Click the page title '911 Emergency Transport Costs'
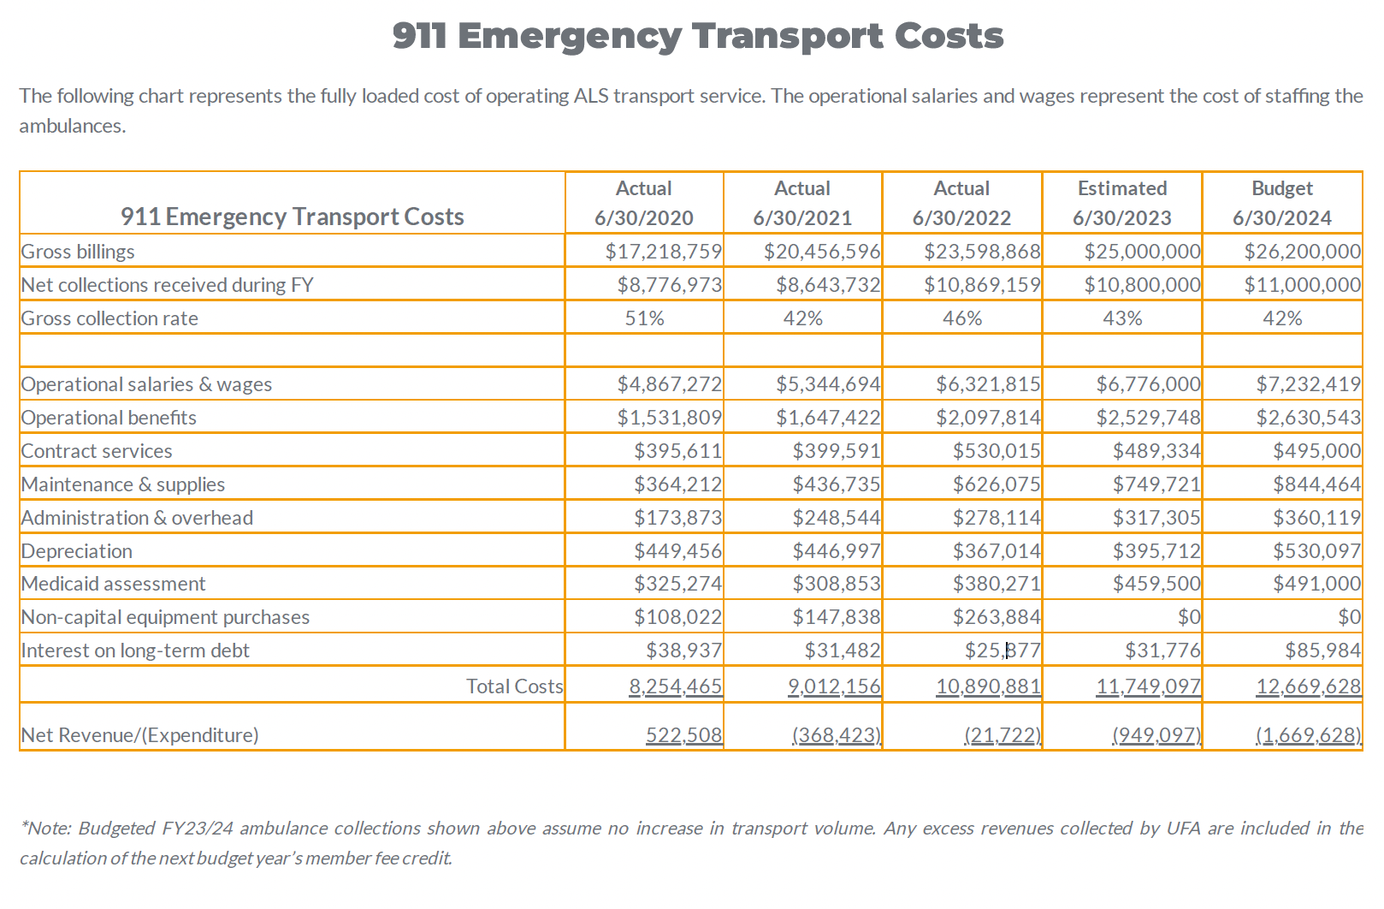(697, 36)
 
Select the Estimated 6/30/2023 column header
(1121, 203)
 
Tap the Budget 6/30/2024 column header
(1281, 203)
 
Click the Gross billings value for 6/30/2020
(663, 252)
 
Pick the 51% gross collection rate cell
(644, 318)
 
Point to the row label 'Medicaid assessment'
(113, 584)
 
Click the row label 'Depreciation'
(77, 551)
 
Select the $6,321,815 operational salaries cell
(987, 384)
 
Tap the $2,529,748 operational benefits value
(1148, 418)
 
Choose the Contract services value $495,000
(1316, 451)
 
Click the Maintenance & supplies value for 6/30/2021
(836, 484)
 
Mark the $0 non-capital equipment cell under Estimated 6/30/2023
(1189, 617)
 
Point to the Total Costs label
(514, 686)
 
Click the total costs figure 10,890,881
(988, 686)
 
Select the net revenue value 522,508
(683, 735)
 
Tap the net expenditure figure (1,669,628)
(1308, 735)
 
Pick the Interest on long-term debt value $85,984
(1322, 651)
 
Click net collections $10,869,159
(982, 285)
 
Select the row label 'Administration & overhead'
(137, 518)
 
